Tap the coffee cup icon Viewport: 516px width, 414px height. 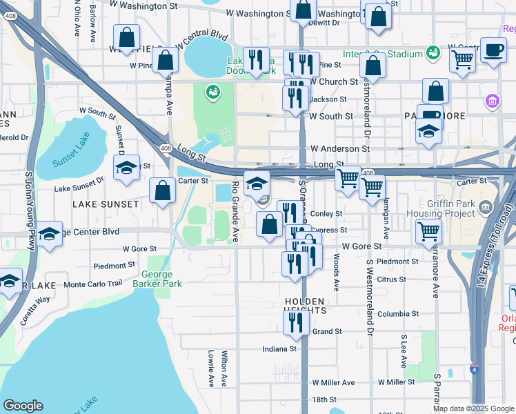[x=493, y=50]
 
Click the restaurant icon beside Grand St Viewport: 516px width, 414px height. [x=296, y=322]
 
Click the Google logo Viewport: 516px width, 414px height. [x=23, y=406]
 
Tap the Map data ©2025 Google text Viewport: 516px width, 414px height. [x=473, y=408]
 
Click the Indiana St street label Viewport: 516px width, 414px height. [x=279, y=349]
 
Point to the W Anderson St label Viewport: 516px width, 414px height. [x=339, y=148]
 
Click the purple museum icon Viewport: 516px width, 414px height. [x=493, y=101]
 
